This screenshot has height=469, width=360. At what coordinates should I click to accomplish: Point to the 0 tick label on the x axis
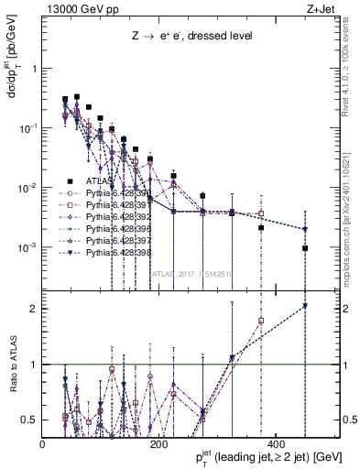[x=43, y=446]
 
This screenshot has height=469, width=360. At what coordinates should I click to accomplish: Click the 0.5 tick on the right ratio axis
[x=349, y=420]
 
